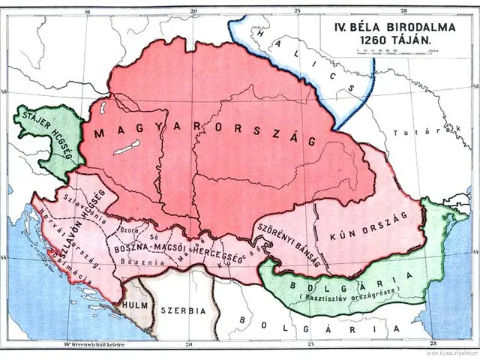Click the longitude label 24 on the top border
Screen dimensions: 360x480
coord(298,11)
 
